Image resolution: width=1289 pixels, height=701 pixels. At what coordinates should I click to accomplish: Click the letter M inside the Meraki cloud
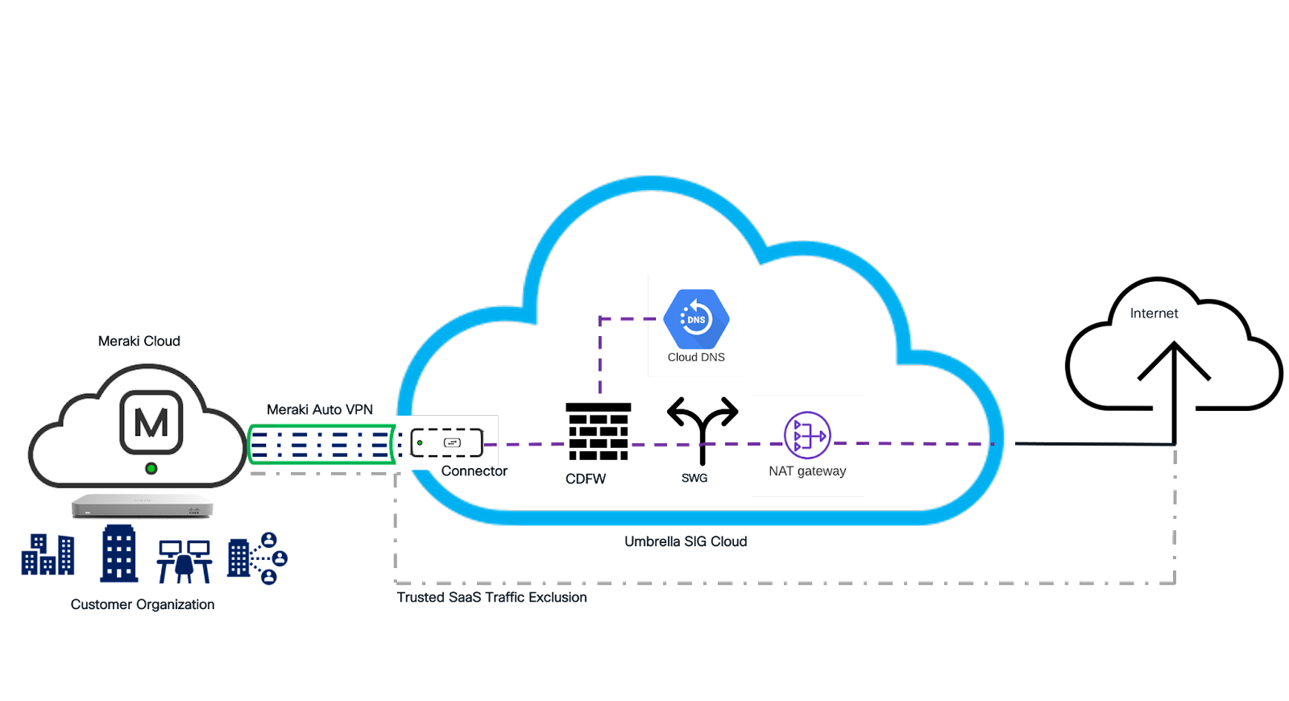151,422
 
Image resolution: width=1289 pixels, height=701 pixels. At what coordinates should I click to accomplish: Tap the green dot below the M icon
151,468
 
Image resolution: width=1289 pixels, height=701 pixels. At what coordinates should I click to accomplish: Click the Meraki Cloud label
139,342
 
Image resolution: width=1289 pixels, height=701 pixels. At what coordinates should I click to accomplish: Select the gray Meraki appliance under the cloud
143,507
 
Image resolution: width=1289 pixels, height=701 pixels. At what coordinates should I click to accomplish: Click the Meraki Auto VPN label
319,409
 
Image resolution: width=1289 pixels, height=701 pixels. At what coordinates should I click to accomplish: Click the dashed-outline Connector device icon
447,442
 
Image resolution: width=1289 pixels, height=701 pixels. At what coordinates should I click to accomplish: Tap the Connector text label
474,471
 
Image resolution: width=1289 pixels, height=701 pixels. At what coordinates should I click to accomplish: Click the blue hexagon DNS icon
696,319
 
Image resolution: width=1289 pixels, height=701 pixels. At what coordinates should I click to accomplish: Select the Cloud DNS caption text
696,357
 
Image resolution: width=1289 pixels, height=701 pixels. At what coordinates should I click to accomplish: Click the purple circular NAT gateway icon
807,435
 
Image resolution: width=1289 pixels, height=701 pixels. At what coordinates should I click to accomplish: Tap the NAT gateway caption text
807,471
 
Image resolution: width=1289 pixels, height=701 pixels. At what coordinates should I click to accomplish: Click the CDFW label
586,479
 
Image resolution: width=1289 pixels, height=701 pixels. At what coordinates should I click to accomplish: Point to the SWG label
694,479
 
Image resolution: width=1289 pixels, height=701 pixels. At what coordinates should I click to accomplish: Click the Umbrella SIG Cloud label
686,541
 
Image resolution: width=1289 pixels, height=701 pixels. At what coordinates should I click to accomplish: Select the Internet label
1154,313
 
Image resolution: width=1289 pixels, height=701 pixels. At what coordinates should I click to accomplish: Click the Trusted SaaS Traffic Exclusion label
492,598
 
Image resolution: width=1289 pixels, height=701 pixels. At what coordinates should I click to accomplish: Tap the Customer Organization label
143,604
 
